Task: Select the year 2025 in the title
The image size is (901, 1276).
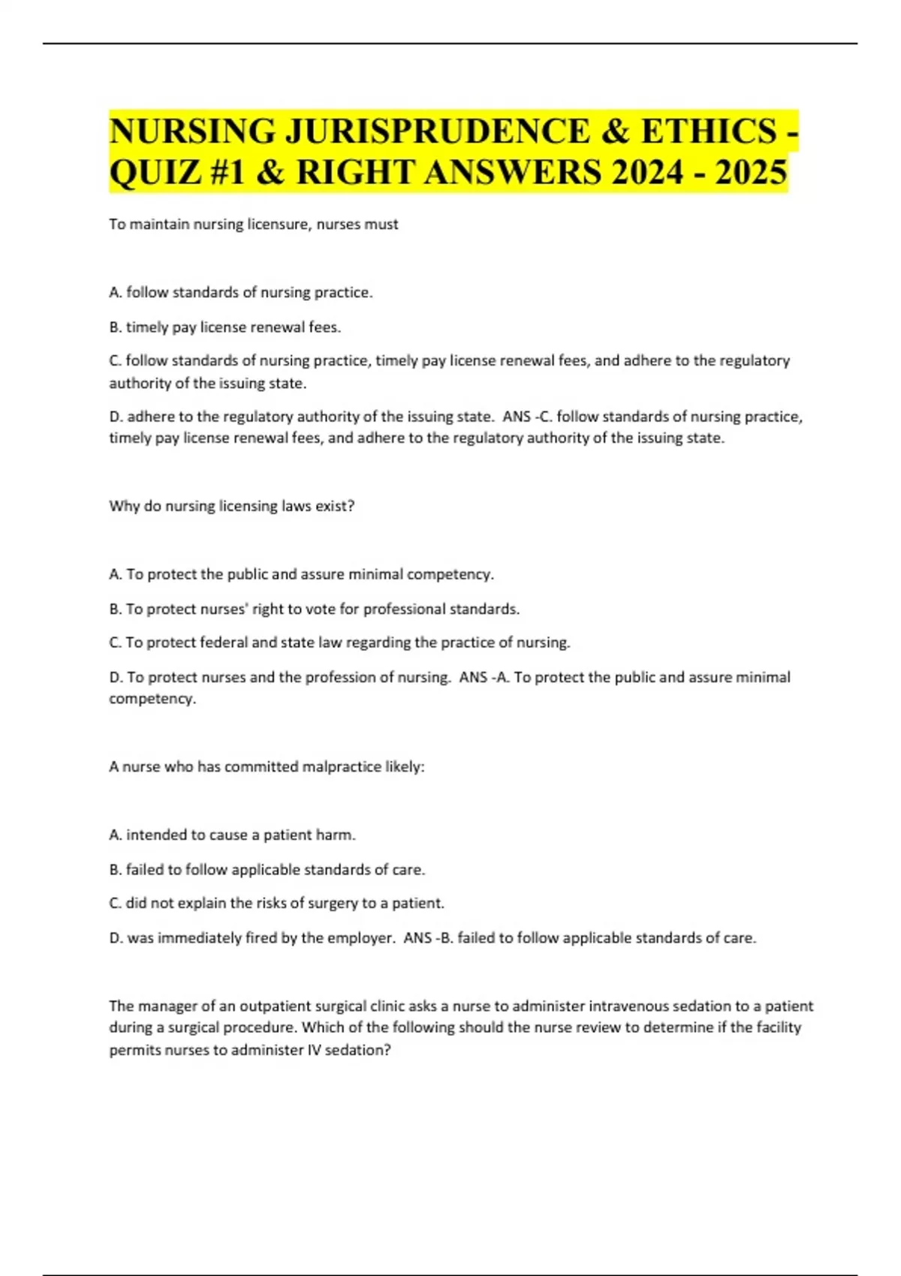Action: click(751, 172)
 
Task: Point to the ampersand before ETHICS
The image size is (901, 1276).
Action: click(615, 131)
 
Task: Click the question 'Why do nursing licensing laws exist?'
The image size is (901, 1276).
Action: click(231, 506)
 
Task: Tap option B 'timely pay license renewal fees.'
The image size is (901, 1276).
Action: click(225, 327)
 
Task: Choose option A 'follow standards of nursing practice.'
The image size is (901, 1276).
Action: click(241, 293)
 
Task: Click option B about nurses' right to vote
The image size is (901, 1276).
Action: click(315, 609)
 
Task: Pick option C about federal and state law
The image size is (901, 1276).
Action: click(339, 643)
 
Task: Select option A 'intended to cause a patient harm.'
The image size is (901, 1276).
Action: click(233, 835)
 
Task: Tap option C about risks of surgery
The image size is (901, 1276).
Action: click(277, 903)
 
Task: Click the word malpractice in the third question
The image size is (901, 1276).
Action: click(342, 767)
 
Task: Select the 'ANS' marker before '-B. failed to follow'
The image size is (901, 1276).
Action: click(417, 938)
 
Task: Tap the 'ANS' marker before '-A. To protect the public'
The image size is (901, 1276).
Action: click(473, 677)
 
